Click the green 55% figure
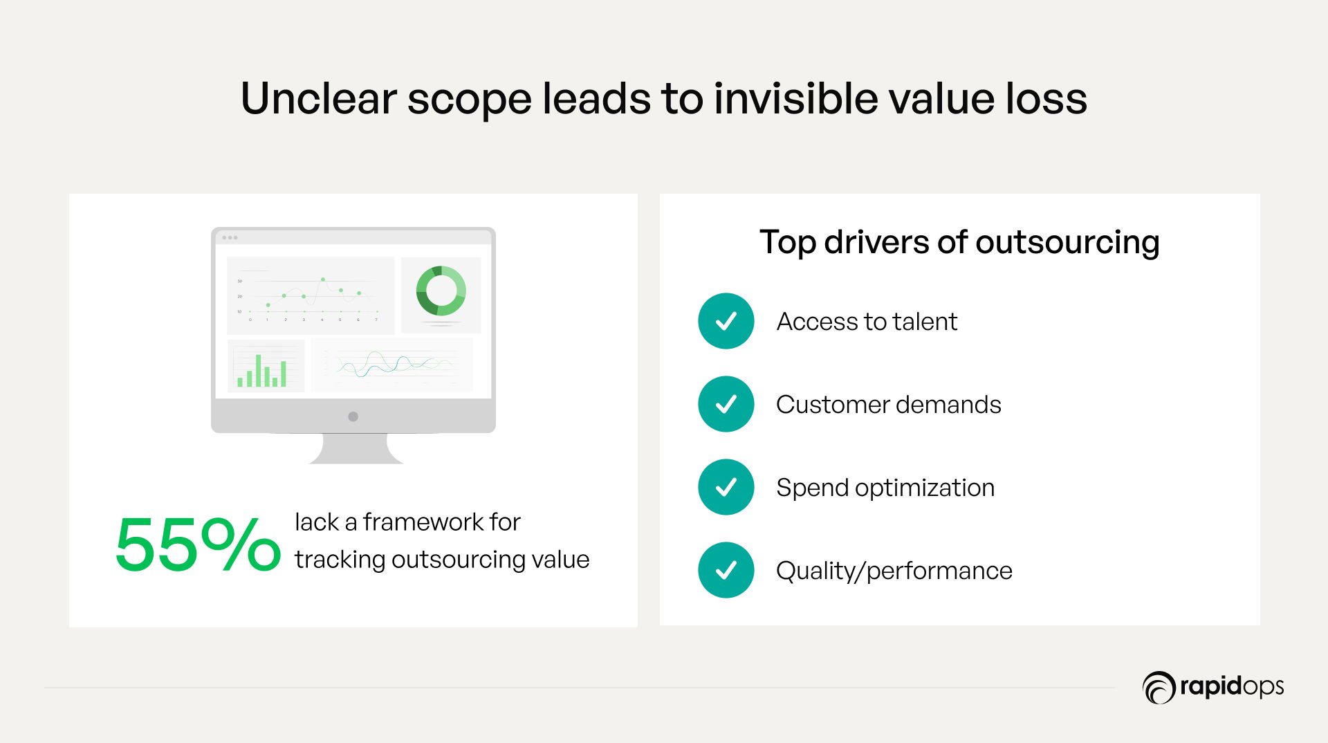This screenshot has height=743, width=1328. pyautogui.click(x=198, y=544)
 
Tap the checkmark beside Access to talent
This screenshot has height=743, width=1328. pyautogui.click(x=726, y=321)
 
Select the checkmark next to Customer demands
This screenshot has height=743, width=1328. pyautogui.click(x=726, y=404)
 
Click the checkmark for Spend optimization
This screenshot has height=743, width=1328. pyautogui.click(x=726, y=487)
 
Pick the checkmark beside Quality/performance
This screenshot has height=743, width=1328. pyautogui.click(x=726, y=570)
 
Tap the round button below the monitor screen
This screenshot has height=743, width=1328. pyautogui.click(x=353, y=416)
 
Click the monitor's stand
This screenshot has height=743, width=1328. pyautogui.click(x=356, y=448)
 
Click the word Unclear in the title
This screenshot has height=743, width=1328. pyautogui.click(x=318, y=98)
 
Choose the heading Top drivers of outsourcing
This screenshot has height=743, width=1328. pyautogui.click(x=959, y=243)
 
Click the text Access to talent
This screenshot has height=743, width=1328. pyautogui.click(x=867, y=322)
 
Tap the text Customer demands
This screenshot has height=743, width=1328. pyautogui.click(x=889, y=405)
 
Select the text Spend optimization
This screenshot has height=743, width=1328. pyautogui.click(x=885, y=488)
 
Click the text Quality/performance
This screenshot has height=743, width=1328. pyautogui.click(x=894, y=571)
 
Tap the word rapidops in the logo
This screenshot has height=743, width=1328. pyautogui.click(x=1232, y=687)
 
